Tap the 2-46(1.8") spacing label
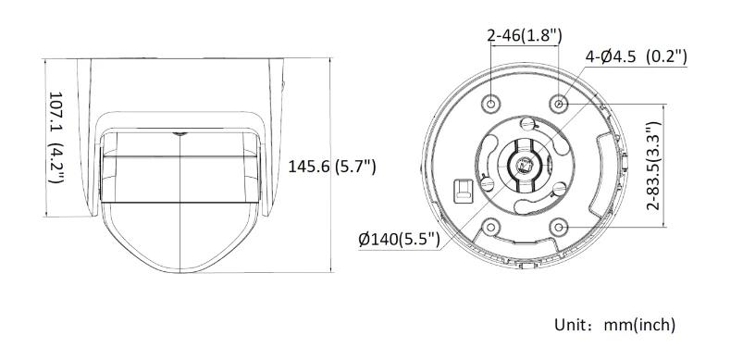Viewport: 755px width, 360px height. [x=525, y=36]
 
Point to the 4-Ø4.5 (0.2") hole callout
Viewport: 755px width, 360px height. [x=636, y=57]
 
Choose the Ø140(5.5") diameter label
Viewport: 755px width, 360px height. [x=399, y=239]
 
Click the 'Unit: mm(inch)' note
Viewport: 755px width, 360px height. [x=614, y=325]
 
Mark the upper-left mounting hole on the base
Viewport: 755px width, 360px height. [x=492, y=102]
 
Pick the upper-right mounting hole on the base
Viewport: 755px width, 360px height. [x=559, y=102]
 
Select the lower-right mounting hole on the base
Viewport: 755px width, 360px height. [x=559, y=225]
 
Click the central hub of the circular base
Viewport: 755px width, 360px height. [x=524, y=166]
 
